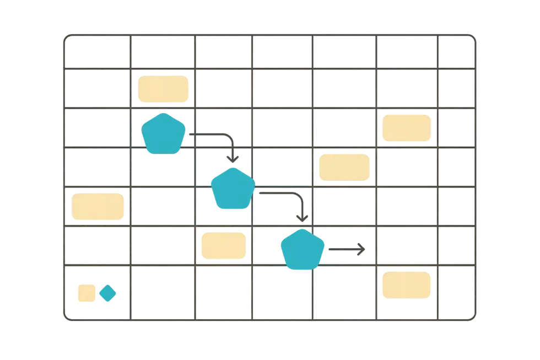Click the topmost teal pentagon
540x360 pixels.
tap(163, 133)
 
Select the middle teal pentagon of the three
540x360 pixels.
tap(233, 189)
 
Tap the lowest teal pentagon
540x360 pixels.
tap(303, 250)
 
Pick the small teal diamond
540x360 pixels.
tap(108, 293)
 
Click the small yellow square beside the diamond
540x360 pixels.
tap(85, 293)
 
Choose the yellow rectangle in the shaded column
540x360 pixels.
tap(163, 89)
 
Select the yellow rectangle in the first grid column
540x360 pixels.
tap(98, 206)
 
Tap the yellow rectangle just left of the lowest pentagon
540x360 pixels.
tap(223, 245)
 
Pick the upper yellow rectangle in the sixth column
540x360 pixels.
tap(407, 128)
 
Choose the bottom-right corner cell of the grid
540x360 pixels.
tap(456, 293)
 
